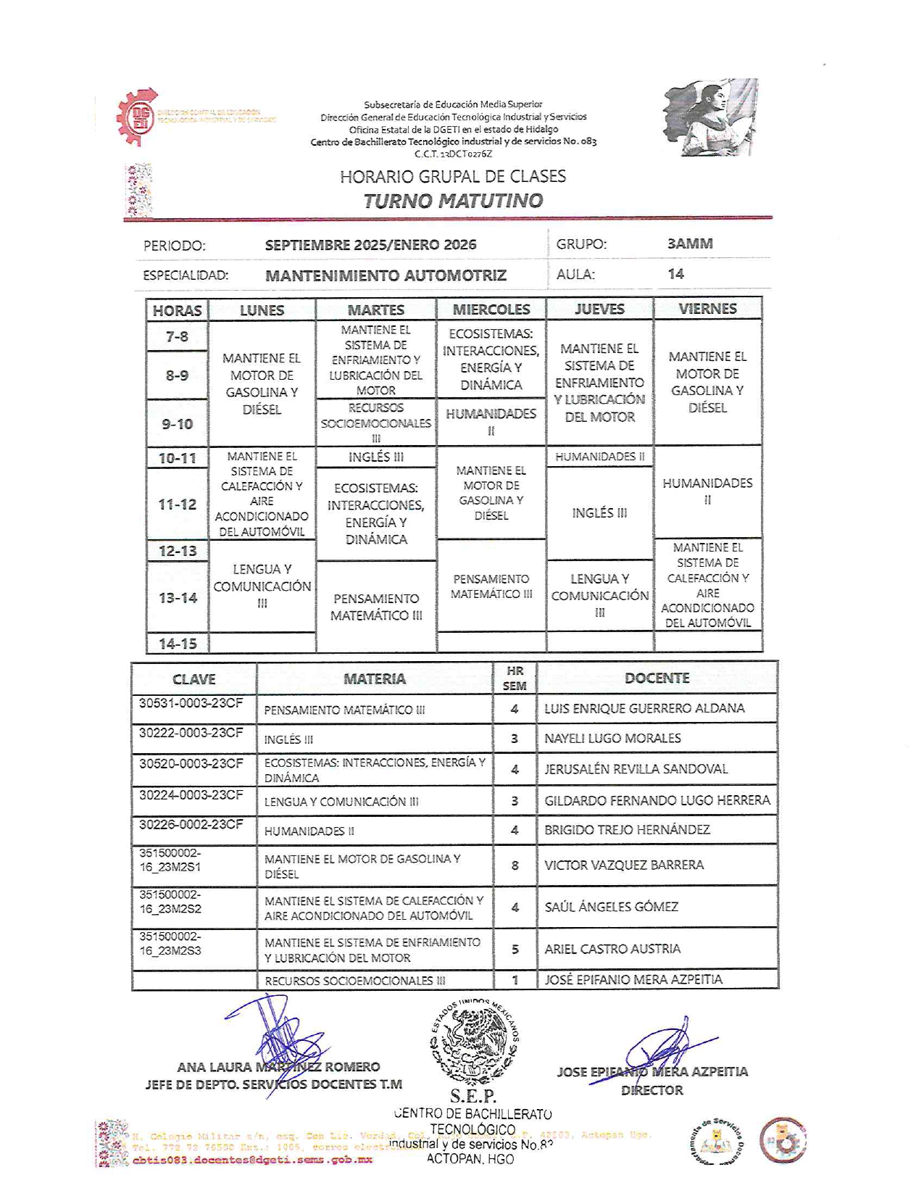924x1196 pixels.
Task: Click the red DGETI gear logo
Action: click(x=138, y=117)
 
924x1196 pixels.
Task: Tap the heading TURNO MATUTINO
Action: click(x=453, y=201)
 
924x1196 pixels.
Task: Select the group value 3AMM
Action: click(x=689, y=244)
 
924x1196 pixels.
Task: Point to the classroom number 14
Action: click(x=675, y=274)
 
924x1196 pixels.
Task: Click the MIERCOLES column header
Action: click(x=491, y=310)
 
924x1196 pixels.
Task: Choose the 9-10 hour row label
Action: click(x=177, y=423)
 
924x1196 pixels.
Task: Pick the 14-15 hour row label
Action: click(x=178, y=643)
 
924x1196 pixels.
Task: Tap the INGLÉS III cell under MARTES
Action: click(x=375, y=457)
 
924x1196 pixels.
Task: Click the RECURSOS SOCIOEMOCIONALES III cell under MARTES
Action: click(x=375, y=423)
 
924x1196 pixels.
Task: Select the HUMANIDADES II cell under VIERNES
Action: click(x=707, y=491)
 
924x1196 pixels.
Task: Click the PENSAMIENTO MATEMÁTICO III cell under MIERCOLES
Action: click(x=491, y=586)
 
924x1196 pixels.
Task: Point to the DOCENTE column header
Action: click(x=657, y=678)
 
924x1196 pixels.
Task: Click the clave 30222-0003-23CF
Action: click(x=191, y=733)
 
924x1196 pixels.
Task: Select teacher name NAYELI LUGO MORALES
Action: click(x=612, y=738)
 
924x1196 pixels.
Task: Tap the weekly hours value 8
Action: click(x=515, y=865)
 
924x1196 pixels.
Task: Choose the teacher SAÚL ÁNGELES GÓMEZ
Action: click(x=611, y=907)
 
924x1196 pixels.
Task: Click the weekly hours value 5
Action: click(x=515, y=949)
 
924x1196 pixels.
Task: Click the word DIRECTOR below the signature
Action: click(x=652, y=1090)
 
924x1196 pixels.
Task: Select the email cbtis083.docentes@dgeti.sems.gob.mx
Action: click(x=252, y=1160)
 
